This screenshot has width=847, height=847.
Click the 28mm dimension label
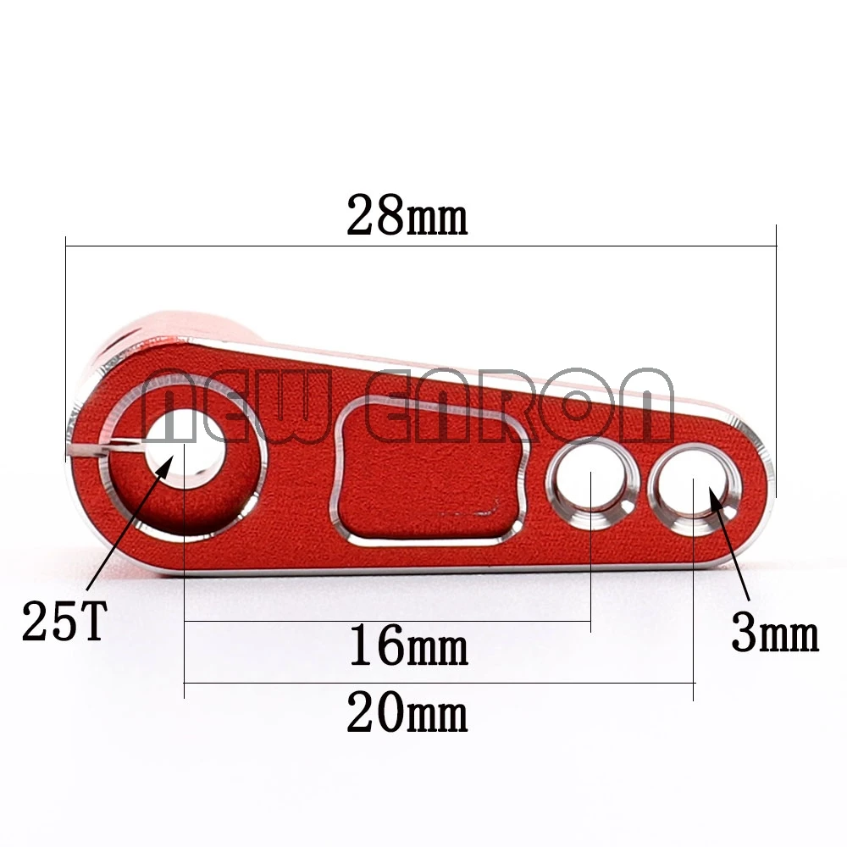pyautogui.click(x=407, y=218)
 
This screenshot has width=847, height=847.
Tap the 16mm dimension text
pyautogui.click(x=407, y=648)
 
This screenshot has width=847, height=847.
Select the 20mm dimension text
pyautogui.click(x=407, y=716)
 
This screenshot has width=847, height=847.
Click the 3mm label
pyautogui.click(x=774, y=635)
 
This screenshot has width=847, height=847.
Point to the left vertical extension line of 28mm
pyautogui.click(x=65, y=339)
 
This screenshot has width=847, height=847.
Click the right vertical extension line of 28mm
pyautogui.click(x=776, y=356)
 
